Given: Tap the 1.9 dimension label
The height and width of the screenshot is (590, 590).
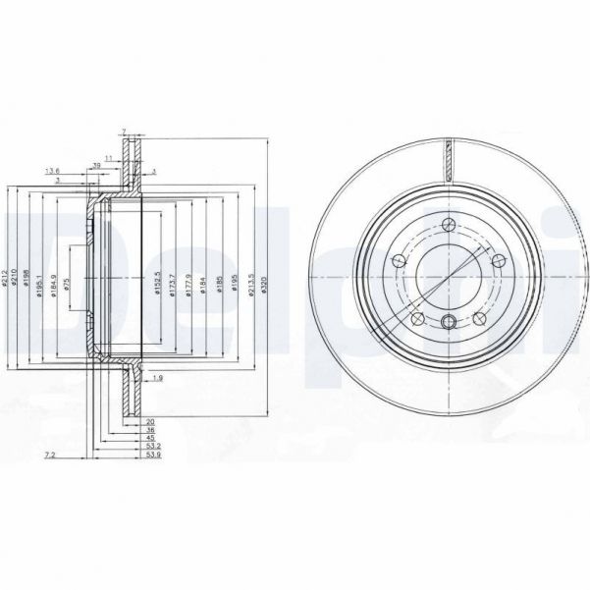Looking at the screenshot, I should click(158, 377).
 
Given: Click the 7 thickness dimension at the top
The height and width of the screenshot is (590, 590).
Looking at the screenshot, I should click(125, 131).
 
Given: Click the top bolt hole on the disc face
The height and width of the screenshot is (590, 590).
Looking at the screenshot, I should click(448, 222).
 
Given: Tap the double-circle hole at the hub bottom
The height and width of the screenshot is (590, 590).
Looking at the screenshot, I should click(448, 323).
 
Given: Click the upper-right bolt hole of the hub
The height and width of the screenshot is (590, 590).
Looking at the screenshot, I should click(497, 261).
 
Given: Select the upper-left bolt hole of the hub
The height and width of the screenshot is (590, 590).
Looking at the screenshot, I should click(400, 261).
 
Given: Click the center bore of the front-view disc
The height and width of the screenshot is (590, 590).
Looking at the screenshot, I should click(448, 277).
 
